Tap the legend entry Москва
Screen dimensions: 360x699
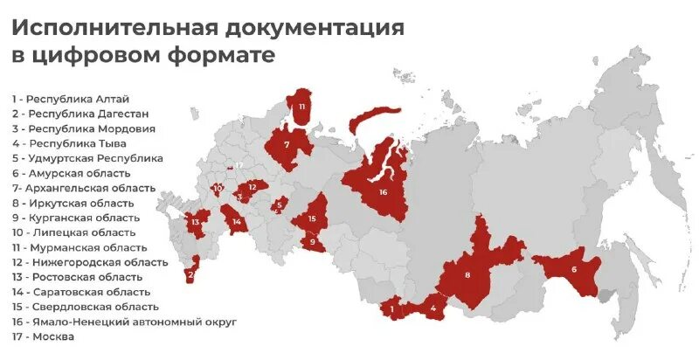42,336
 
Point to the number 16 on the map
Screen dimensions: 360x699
383,190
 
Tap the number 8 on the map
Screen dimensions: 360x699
467,274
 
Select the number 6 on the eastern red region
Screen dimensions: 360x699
574,268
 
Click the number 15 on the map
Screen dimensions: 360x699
312,218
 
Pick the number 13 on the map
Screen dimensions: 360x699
197,222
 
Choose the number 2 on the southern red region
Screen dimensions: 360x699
190,274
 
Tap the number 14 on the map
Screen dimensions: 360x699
236,222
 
